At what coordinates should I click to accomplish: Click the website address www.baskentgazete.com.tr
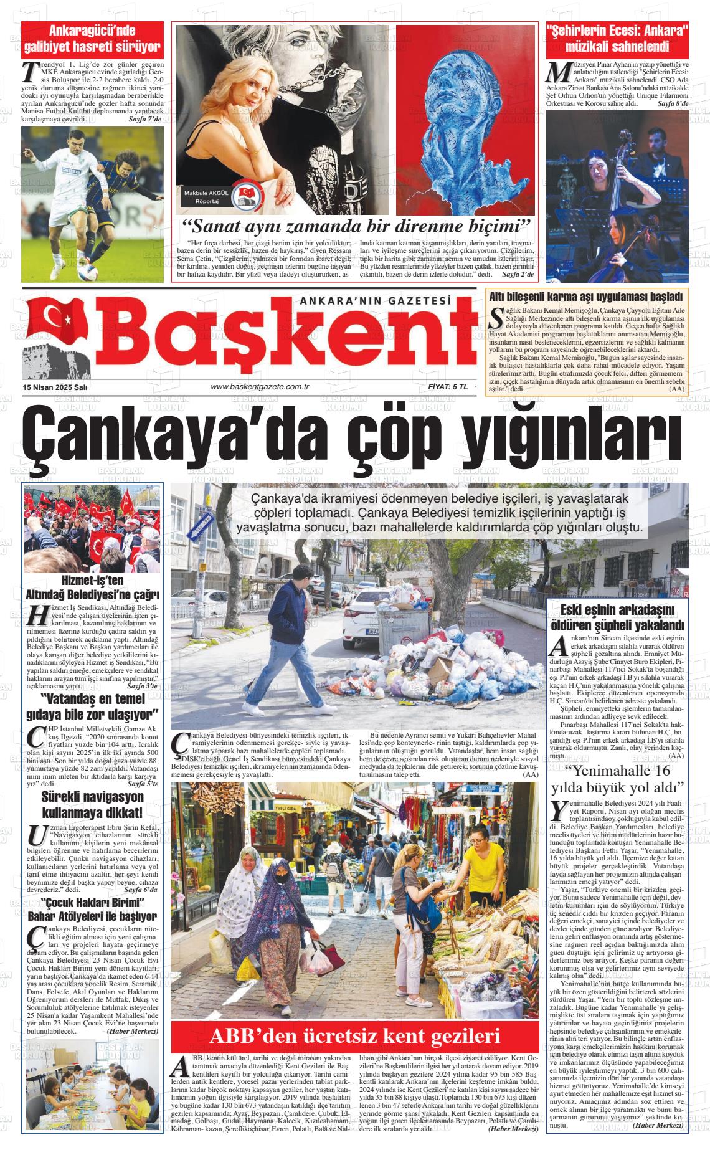pos(260,387)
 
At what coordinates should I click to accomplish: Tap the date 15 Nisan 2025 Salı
pos(55,387)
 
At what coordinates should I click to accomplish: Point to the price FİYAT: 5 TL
pos(448,387)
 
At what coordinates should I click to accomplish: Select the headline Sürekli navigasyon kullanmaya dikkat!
pos(92,804)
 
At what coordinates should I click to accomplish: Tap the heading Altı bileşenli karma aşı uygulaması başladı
pos(585,297)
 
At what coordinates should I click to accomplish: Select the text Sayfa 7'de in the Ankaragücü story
pos(146,118)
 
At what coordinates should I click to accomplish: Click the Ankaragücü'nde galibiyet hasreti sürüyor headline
pos(92,39)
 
